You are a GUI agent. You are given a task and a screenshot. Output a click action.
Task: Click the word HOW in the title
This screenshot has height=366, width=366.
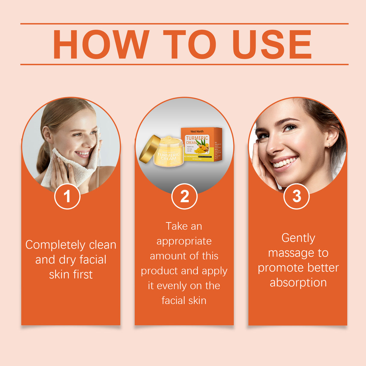tap(101, 44)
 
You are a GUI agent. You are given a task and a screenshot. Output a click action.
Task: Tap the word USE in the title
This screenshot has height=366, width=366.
tap(271, 44)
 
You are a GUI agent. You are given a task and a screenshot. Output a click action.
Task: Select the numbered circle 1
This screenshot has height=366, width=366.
tap(67, 196)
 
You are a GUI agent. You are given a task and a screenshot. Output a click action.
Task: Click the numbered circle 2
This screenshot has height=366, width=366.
tap(184, 196)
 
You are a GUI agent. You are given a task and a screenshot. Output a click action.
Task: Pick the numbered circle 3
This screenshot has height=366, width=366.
tap(297, 196)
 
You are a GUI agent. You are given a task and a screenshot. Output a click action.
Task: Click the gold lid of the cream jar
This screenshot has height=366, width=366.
tap(149, 149)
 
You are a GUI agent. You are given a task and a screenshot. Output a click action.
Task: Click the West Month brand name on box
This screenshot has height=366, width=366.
tap(197, 131)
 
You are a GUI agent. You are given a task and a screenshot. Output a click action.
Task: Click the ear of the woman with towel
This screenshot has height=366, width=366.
tap(47, 135)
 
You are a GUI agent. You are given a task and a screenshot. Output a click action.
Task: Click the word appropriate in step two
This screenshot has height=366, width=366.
tap(184, 241)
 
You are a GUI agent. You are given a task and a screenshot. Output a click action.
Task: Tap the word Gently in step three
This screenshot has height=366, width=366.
tap(298, 238)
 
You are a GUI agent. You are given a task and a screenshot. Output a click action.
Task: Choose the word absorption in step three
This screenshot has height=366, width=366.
tap(298, 282)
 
